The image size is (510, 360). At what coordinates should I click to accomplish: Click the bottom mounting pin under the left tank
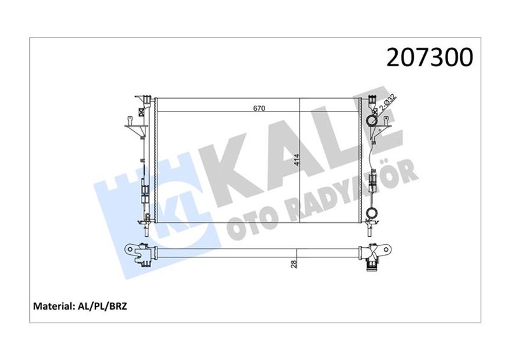click(146, 223)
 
